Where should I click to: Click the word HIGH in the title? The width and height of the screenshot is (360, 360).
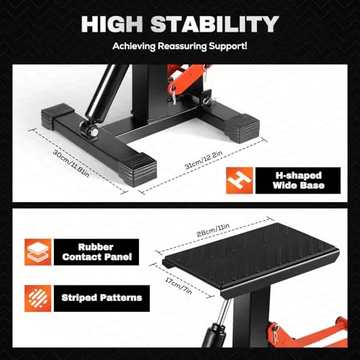coord(112,24)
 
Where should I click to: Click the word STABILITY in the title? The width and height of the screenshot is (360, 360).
coord(215,24)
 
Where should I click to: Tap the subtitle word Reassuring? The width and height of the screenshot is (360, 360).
coord(181,46)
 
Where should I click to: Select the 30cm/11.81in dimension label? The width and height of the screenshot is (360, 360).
coord(71,163)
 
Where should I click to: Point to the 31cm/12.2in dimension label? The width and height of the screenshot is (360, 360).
coord(204,159)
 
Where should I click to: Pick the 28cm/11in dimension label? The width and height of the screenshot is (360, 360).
coord(213,230)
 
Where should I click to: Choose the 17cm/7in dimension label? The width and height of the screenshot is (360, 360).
coord(179,286)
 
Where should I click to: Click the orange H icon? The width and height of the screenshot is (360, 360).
coord(239,181)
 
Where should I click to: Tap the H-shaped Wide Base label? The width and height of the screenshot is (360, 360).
coord(298,180)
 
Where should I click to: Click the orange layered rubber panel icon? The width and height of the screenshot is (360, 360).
coord(37,252)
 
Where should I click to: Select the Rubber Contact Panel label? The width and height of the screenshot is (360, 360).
coord(97,252)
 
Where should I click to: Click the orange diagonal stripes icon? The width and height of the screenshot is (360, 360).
coord(37,298)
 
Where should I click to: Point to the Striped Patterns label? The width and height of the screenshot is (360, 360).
coord(102,298)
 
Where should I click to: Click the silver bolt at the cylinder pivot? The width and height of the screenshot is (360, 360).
coord(94,132)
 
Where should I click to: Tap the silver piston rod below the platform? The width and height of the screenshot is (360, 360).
coord(224,311)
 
